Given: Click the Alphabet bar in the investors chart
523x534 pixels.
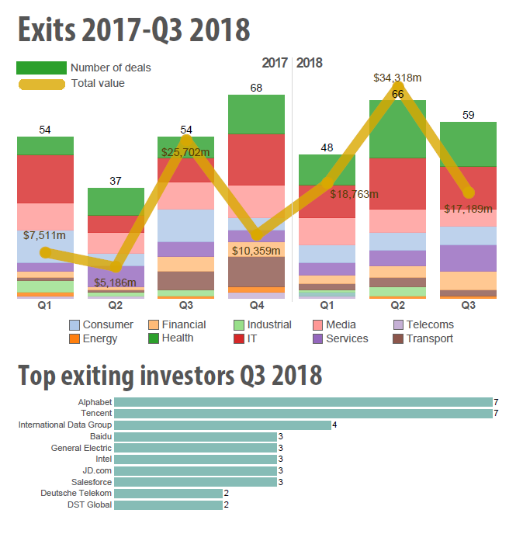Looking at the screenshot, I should (303, 402).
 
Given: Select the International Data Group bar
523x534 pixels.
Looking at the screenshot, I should (222, 425).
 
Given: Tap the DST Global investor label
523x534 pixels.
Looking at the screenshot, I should (91, 505).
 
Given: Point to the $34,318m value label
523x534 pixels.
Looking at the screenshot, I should (397, 78).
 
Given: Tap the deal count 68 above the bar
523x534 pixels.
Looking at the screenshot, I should (257, 88).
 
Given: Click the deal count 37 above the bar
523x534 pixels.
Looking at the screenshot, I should (116, 181).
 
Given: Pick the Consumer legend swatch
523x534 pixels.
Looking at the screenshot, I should (74, 325).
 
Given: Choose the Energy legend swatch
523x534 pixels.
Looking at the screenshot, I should (74, 338).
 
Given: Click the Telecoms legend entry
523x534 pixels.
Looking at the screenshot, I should (423, 325).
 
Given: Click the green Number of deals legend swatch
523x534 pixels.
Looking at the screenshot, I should (42, 68).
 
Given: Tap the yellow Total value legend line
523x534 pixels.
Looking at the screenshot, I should (42, 84).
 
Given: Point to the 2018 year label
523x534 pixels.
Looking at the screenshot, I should (310, 63).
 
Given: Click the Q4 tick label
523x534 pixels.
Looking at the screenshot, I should (257, 306).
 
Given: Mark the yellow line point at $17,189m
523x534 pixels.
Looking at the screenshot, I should (469, 192).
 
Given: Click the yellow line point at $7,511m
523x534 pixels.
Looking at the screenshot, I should (45, 252).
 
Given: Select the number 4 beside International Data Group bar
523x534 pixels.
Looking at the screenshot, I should (334, 425).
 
